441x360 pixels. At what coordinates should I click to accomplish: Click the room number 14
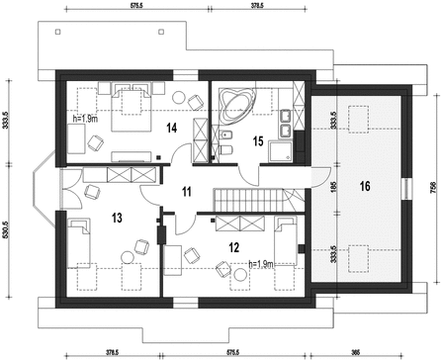(x=171, y=128)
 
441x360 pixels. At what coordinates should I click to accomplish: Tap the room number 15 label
(x=258, y=141)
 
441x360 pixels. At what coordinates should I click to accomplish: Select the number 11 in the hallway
(x=186, y=192)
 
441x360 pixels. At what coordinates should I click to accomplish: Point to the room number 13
(x=117, y=218)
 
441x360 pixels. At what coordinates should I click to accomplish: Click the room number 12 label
(x=233, y=247)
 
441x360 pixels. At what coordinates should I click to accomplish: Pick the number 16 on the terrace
(x=365, y=187)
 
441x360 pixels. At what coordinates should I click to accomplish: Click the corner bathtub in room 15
(x=238, y=103)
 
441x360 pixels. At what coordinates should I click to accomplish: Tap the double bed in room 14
(x=132, y=107)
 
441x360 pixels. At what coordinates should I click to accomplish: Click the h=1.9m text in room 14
(x=85, y=119)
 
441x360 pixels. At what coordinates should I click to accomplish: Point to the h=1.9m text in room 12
(x=261, y=264)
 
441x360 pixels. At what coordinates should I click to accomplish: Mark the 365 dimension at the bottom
(x=355, y=351)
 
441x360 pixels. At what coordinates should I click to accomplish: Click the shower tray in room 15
(x=280, y=151)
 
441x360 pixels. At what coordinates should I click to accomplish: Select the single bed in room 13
(x=79, y=243)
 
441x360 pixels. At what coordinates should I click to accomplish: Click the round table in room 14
(x=179, y=97)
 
